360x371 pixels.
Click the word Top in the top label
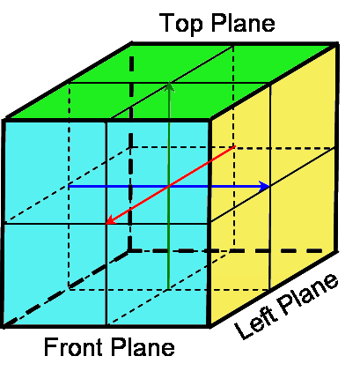tap(181, 23)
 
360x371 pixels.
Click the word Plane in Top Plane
tap(243, 22)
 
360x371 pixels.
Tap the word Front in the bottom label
tap(73, 346)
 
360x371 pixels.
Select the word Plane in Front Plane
tap(143, 346)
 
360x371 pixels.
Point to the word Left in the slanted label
tap(255, 323)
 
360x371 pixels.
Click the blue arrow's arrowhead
tap(265, 186)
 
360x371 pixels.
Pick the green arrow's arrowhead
tap(169, 87)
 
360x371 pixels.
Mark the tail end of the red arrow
tap(235, 146)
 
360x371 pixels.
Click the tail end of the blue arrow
tap(70, 186)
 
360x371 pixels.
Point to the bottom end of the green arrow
tap(168, 288)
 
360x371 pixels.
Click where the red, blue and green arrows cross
tap(169, 186)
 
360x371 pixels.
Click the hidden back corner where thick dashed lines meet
tap(130, 250)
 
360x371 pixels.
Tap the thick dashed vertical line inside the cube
tap(131, 152)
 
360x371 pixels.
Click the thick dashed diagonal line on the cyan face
tap(66, 288)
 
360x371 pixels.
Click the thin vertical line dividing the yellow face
tap(270, 187)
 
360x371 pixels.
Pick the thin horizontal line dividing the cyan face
tap(107, 224)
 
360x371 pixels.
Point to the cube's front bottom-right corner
tap(209, 325)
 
